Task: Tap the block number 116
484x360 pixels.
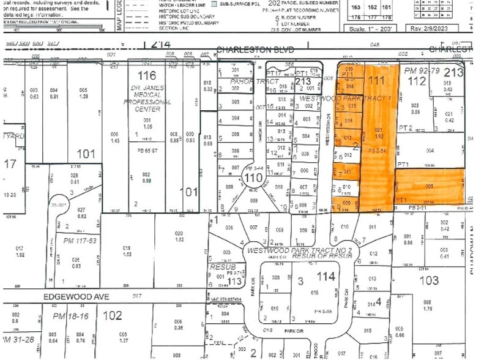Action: pyautogui.click(x=147, y=77)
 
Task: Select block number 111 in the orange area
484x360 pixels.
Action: pyautogui.click(x=377, y=80)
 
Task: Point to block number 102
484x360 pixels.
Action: pyautogui.click(x=112, y=316)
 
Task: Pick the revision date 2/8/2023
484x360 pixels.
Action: pyautogui.click(x=450, y=28)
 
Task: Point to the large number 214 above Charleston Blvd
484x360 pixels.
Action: pyautogui.click(x=156, y=45)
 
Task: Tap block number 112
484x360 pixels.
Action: pyautogui.click(x=417, y=81)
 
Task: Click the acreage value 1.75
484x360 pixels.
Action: pyautogui.click(x=427, y=309)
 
